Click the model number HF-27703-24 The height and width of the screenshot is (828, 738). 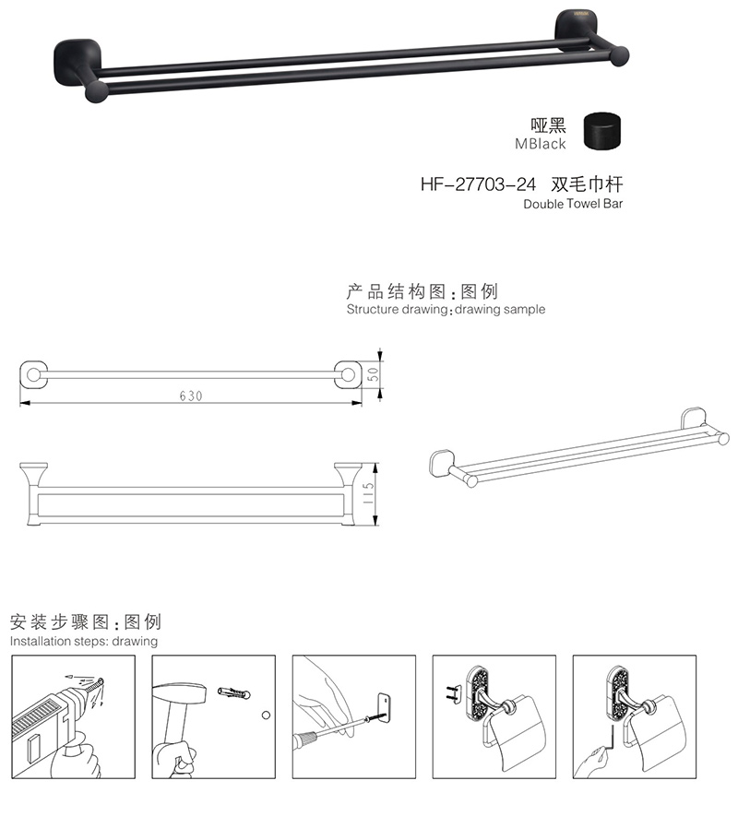pos(478,183)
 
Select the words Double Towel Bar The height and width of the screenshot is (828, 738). pos(573,204)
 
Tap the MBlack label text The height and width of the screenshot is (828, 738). pos(541,144)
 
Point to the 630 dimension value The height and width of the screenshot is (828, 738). pos(190,396)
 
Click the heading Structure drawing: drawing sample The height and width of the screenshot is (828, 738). pos(446,310)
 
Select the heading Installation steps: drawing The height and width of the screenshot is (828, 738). pos(84,641)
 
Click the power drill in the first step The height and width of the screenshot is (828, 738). pos(46,719)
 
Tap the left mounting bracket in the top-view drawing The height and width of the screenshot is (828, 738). pos(33,375)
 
